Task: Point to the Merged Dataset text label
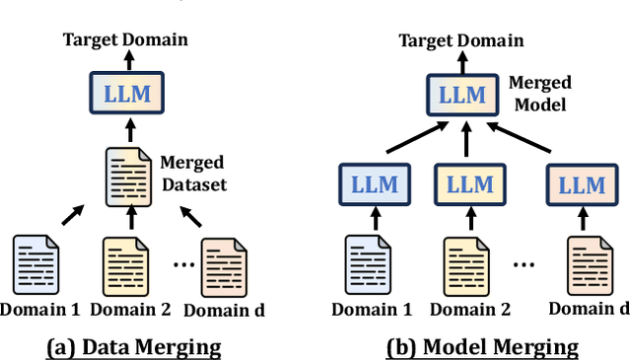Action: (191, 172)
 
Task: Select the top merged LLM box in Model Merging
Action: (462, 95)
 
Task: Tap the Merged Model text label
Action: (540, 95)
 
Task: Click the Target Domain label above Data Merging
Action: (125, 39)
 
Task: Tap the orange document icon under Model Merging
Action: (584, 262)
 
